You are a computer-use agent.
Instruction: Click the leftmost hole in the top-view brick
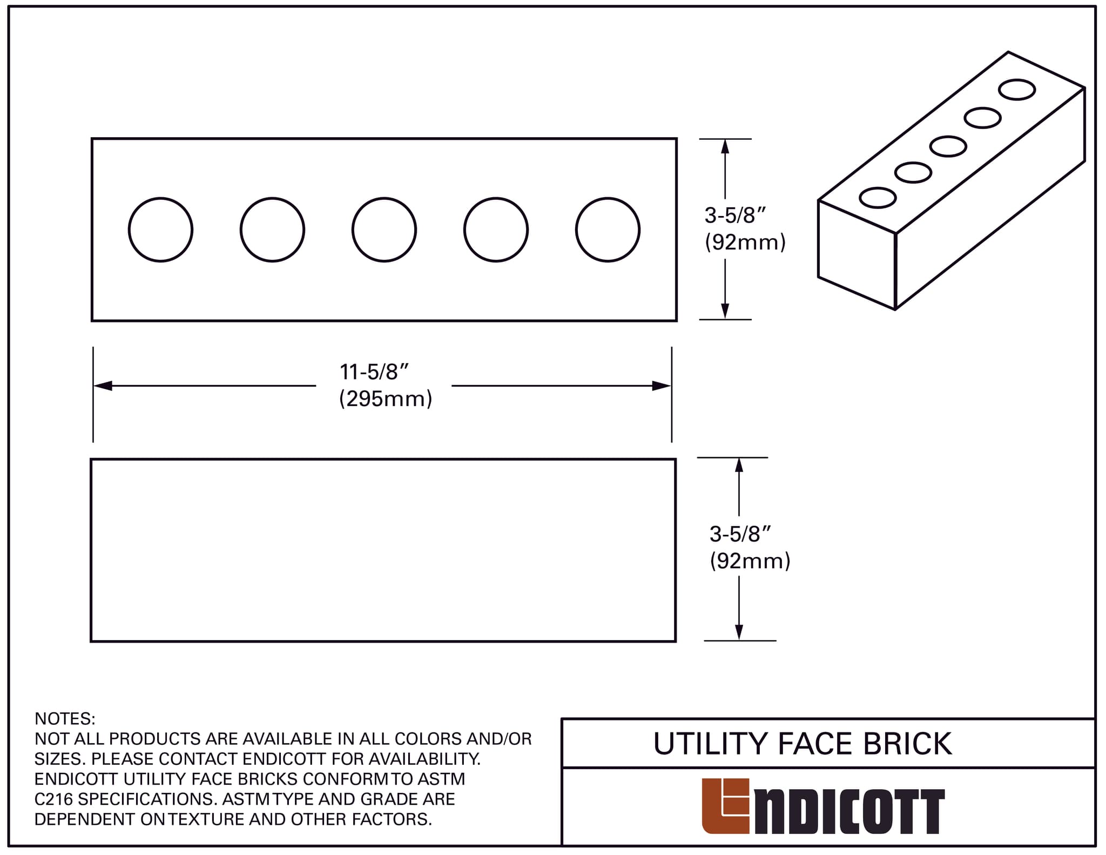160,230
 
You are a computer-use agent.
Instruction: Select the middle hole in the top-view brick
384,230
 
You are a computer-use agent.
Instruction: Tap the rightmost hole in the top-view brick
608,230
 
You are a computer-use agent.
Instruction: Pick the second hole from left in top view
272,230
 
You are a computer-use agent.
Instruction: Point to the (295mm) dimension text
386,399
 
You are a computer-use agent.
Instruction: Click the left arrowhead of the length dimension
103,386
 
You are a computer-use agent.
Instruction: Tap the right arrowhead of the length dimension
662,386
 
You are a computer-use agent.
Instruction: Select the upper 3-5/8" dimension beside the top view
735,216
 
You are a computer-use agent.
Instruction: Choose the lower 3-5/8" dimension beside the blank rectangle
740,534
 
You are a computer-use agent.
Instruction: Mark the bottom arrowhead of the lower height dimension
739,632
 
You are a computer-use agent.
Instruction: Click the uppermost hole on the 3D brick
1017,90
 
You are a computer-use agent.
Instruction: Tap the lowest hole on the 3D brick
878,198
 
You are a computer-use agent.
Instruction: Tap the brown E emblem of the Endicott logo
725,805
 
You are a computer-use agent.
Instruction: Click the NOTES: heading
65,719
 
